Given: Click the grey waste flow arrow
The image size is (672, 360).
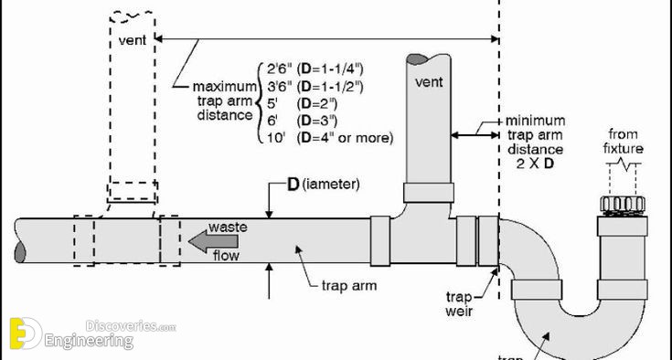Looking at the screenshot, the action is pyautogui.click(x=213, y=241).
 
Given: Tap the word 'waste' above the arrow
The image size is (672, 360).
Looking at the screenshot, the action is pyautogui.click(x=228, y=227).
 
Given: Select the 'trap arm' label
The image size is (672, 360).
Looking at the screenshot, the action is pyautogui.click(x=349, y=285).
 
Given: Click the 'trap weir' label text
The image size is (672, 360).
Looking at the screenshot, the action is pyautogui.click(x=459, y=304).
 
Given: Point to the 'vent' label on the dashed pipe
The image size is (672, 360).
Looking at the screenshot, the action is pyautogui.click(x=133, y=40).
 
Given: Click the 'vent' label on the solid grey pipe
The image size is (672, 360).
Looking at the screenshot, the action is pyautogui.click(x=429, y=81).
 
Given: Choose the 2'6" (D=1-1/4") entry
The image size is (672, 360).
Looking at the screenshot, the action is pyautogui.click(x=315, y=69).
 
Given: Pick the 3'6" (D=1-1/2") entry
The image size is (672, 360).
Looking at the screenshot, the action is pyautogui.click(x=315, y=87).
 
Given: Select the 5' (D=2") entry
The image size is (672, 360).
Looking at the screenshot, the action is pyautogui.click(x=302, y=103).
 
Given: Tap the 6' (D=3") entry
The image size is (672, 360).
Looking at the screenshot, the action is pyautogui.click(x=302, y=121).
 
